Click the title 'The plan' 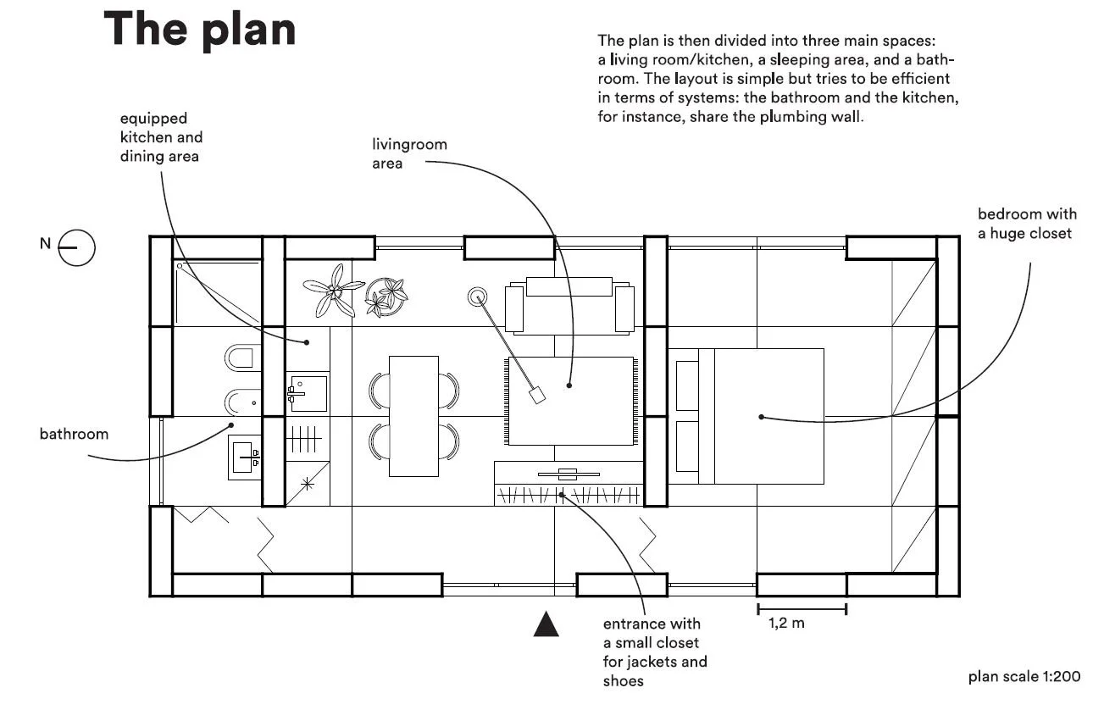(x=200, y=30)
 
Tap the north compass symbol (x=76, y=248)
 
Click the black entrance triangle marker (x=546, y=624)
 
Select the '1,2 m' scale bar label (x=786, y=624)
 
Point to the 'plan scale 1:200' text (x=1024, y=676)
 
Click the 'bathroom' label (x=75, y=434)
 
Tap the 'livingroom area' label (x=409, y=153)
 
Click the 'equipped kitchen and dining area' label (x=161, y=137)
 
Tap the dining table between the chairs (x=413, y=415)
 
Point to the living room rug (x=570, y=401)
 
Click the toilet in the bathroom (x=242, y=357)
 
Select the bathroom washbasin (x=244, y=457)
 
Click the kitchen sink (x=308, y=393)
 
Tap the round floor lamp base (x=478, y=297)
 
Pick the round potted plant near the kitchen (x=387, y=296)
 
